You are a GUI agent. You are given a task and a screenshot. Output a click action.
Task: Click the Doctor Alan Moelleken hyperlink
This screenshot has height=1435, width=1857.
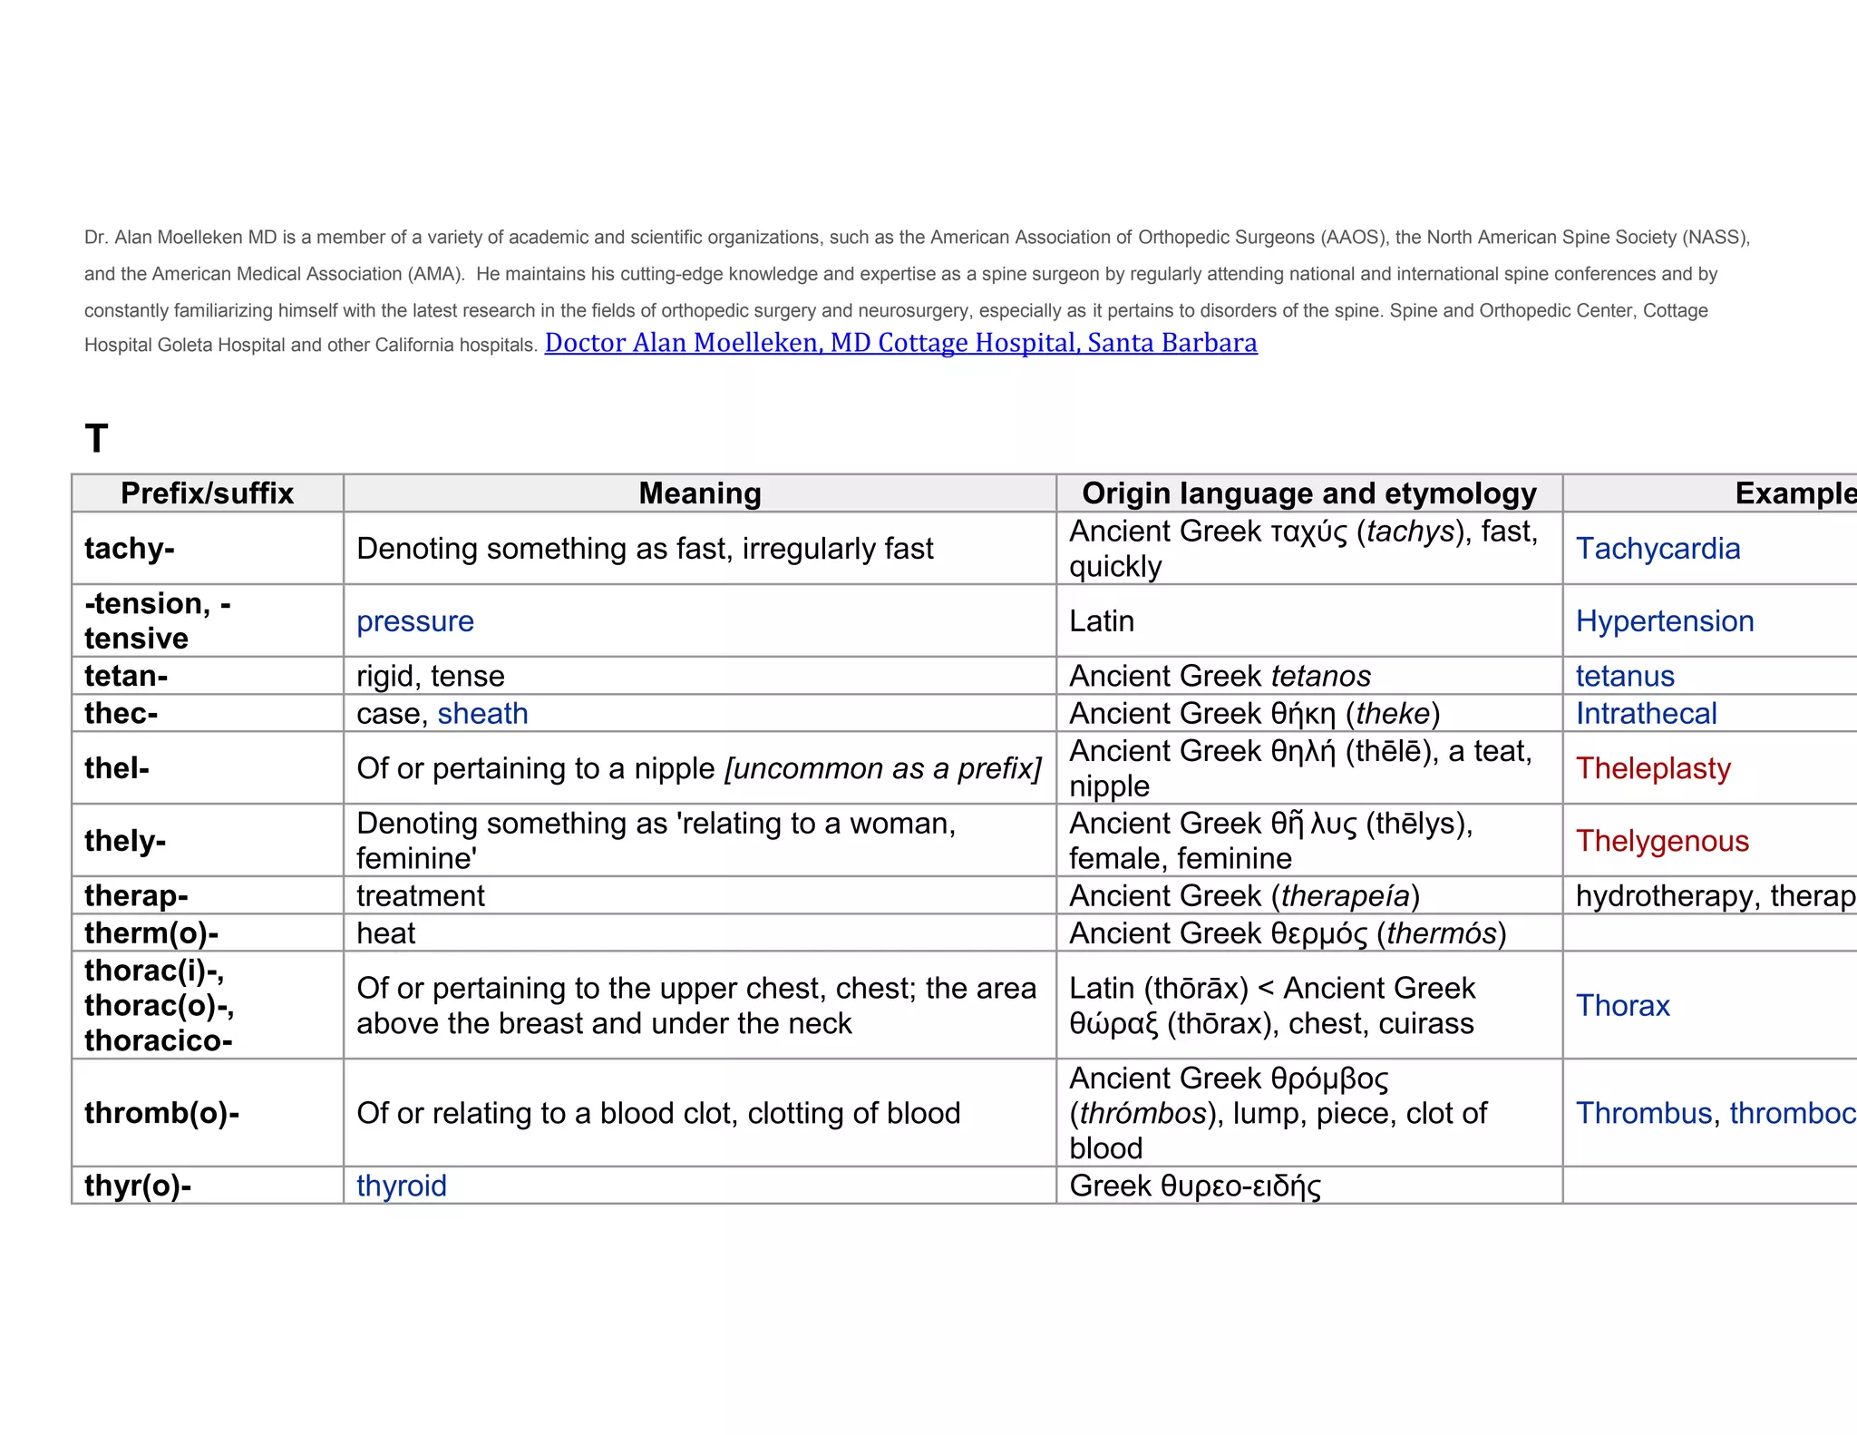[x=900, y=343]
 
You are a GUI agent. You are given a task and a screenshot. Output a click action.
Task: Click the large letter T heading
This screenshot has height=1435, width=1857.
[x=97, y=439]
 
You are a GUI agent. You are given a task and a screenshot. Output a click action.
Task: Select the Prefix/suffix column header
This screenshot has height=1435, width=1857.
[x=207, y=493]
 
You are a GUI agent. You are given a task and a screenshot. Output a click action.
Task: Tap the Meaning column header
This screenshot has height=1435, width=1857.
[x=699, y=493]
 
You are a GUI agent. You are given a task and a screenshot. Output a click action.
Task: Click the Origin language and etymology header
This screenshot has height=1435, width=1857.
[x=1308, y=493]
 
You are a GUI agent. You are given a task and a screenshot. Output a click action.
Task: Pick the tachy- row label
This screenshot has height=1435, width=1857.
[x=130, y=549]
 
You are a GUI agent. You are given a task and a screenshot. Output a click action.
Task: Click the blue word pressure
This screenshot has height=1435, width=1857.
[x=415, y=621]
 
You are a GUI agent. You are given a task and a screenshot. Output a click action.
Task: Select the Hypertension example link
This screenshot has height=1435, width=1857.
[x=1664, y=621]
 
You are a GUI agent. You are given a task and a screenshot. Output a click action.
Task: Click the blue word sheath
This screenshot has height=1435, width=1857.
[x=482, y=714]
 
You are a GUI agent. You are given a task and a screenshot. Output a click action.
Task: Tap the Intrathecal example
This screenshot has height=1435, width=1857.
[x=1646, y=714]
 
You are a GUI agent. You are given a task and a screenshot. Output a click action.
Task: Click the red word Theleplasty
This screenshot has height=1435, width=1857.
[x=1653, y=768]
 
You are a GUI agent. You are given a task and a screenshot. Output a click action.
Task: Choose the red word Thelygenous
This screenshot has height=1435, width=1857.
[x=1661, y=841]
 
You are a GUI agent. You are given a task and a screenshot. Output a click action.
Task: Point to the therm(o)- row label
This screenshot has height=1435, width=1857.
[x=151, y=933]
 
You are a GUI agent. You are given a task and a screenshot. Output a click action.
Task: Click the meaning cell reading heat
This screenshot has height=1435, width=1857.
[x=386, y=933]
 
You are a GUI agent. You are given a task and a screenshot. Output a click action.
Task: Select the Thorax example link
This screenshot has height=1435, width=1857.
[x=1622, y=1006]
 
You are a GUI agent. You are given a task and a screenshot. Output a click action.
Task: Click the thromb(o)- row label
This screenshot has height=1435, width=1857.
[x=161, y=1113]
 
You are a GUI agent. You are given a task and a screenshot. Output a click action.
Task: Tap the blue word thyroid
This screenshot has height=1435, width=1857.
[x=402, y=1186]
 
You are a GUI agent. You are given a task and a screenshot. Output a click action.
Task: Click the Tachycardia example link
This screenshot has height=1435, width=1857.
[x=1658, y=549]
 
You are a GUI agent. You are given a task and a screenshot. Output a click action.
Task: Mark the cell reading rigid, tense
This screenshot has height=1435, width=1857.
[x=431, y=677]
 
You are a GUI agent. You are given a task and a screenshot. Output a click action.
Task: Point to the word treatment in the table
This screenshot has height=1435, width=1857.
[x=421, y=896]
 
